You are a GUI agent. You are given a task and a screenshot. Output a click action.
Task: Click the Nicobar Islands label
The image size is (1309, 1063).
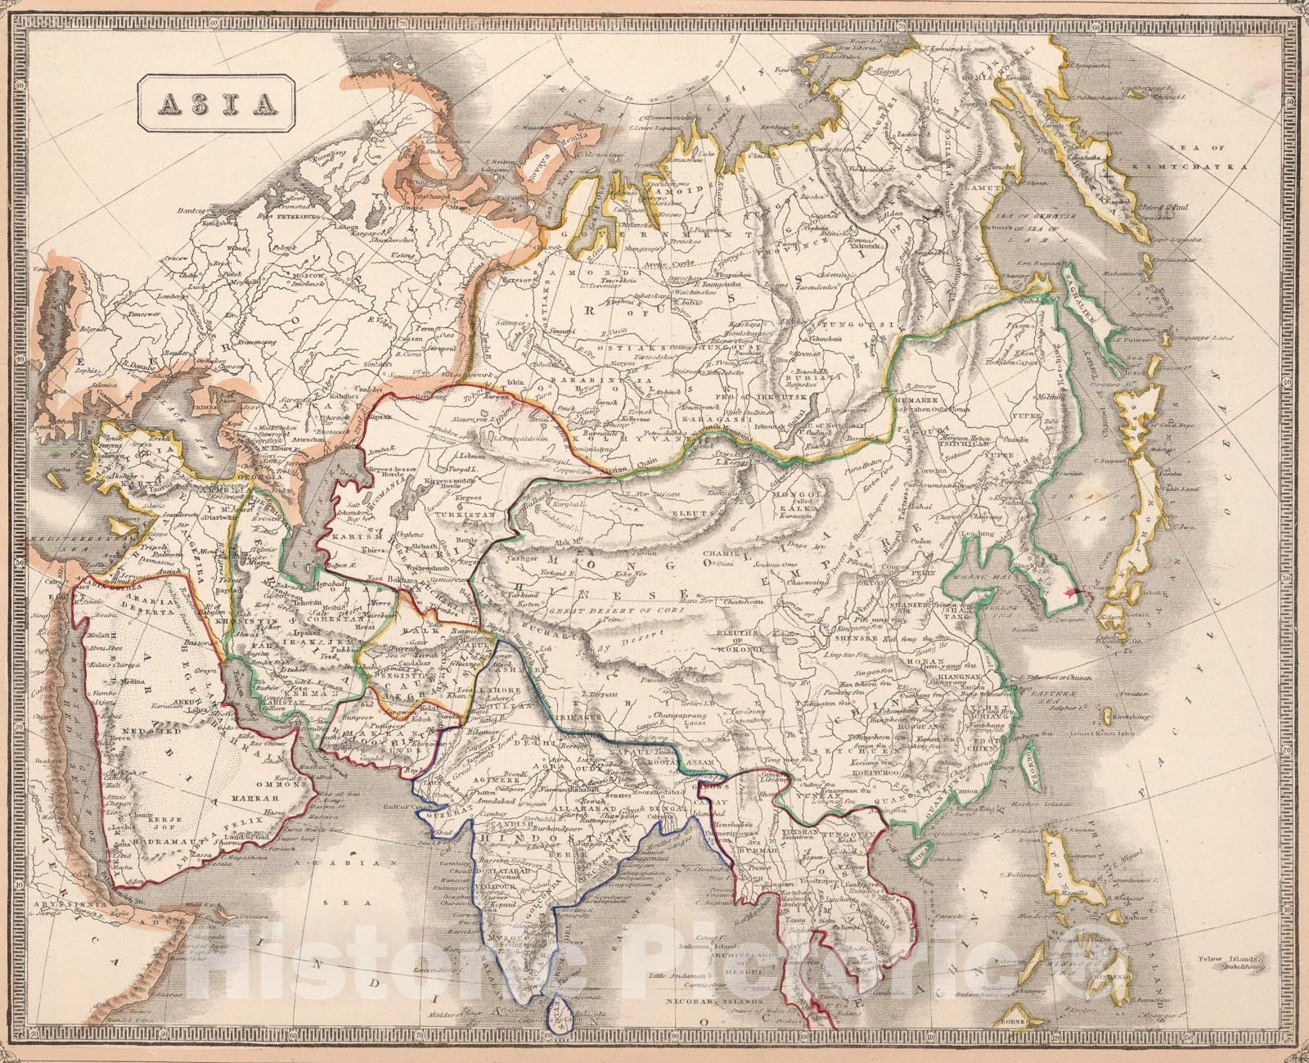(x=690, y=1002)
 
